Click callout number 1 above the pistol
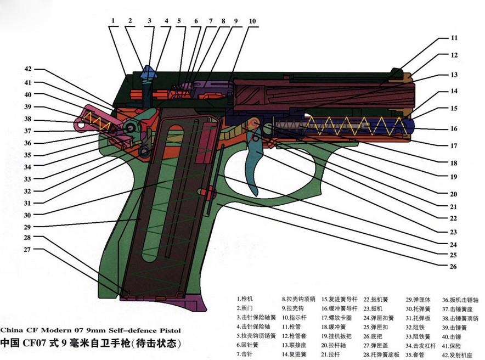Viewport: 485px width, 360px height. (x=112, y=21)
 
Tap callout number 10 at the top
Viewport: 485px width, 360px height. (x=252, y=21)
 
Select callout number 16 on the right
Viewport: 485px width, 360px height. (x=454, y=129)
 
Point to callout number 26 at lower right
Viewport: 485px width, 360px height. (x=454, y=267)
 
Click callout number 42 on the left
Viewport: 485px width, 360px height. (x=28, y=69)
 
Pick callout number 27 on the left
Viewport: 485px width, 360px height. (x=28, y=250)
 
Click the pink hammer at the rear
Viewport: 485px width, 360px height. (x=88, y=118)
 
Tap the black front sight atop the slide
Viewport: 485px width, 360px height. (x=396, y=72)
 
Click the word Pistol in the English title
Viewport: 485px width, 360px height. (x=165, y=331)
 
